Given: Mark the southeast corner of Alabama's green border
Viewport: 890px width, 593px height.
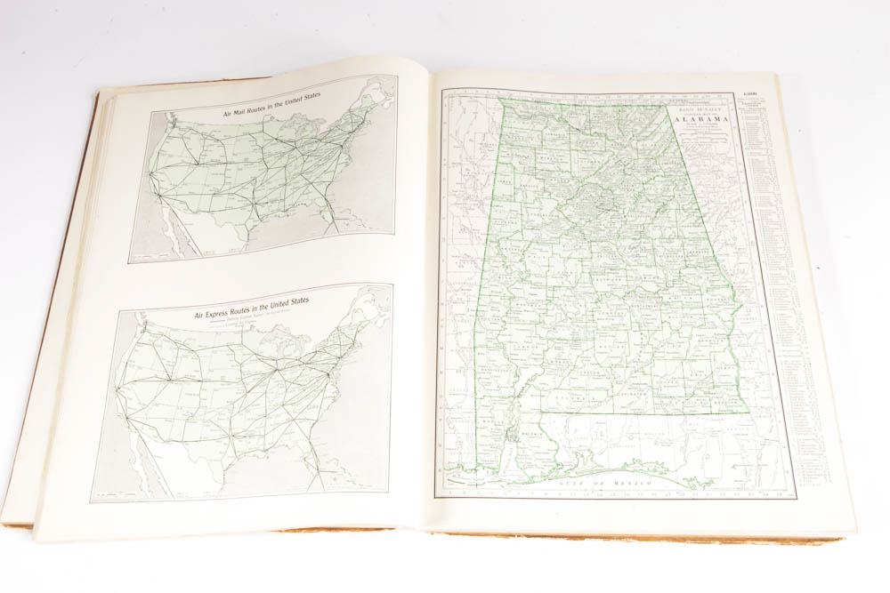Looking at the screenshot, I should click(746, 411).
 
